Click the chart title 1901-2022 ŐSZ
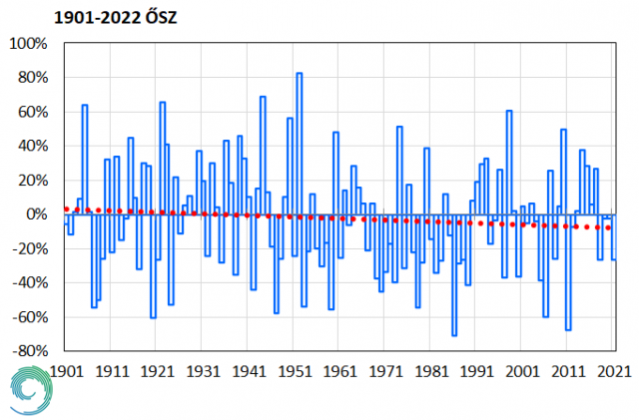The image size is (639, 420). [70, 19]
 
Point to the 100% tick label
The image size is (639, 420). [27, 44]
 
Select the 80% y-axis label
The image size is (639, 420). [31, 79]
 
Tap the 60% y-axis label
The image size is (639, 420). [31, 113]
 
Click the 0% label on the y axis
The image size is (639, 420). [36, 214]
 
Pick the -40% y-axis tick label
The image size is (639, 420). [28, 282]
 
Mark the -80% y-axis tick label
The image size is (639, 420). [28, 351]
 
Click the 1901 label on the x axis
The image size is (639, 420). [66, 370]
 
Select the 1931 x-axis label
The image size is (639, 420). [203, 370]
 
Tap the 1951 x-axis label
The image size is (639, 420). [295, 370]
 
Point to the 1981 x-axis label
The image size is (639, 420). [431, 370]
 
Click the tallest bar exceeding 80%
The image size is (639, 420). [299, 144]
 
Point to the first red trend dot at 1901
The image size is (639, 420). [66, 209]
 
